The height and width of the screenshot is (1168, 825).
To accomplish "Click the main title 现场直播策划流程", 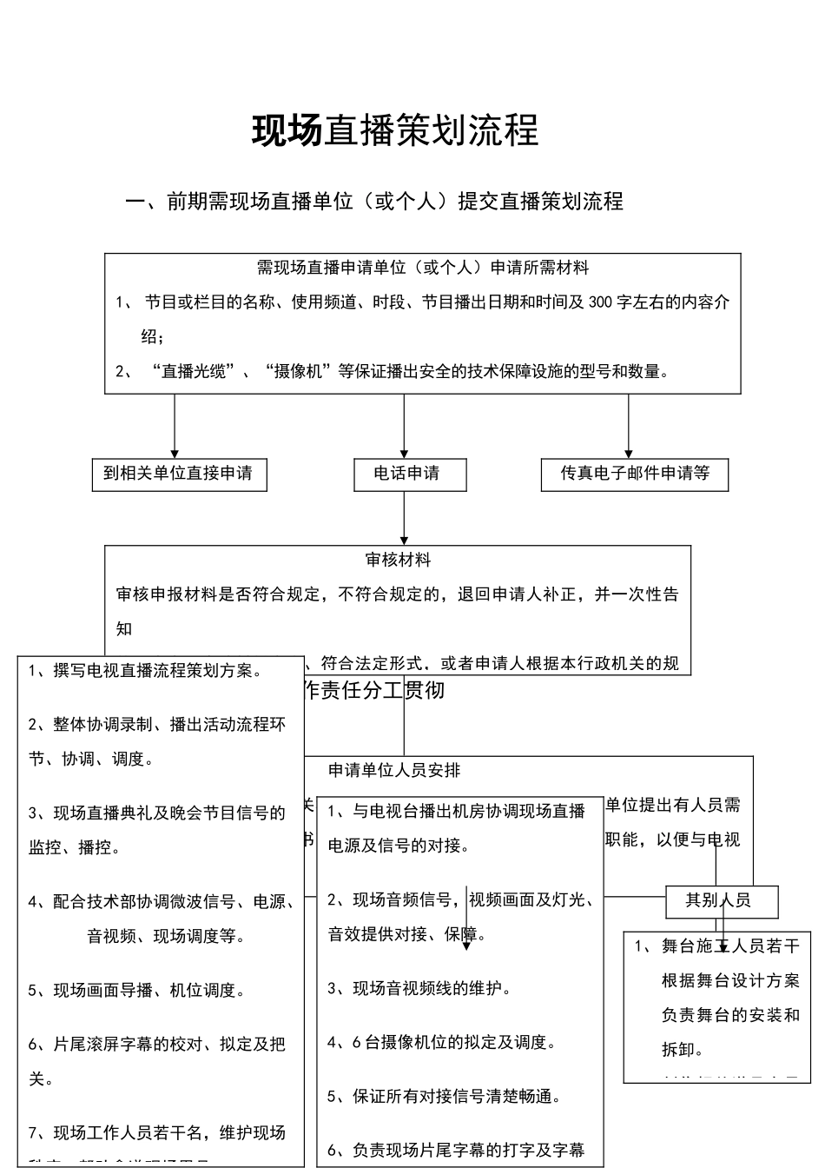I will pos(395,130).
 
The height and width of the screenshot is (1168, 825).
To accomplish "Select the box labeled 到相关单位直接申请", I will pos(178,474).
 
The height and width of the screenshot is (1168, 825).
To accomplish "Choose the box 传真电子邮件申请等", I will pos(635,474).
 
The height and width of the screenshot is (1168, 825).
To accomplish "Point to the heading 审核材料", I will pos(398,561).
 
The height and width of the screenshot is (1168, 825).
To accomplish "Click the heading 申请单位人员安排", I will pos(394,770).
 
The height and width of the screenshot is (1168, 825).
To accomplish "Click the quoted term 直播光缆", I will pos(194,372).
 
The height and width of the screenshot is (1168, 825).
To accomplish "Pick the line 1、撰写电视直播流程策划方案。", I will pos(146,671).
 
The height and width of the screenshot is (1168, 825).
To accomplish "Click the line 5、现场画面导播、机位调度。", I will pos(137,990).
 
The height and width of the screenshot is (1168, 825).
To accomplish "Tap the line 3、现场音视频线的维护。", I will pos(419,988).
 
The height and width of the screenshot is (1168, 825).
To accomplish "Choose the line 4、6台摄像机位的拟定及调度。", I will pos(441,1042).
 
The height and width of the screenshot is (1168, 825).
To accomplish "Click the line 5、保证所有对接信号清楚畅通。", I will pos(444,1096).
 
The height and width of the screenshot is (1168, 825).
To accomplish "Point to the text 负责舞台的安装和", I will pos(730,1015).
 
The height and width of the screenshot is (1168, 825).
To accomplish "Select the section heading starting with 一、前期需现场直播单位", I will pos(374,202).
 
